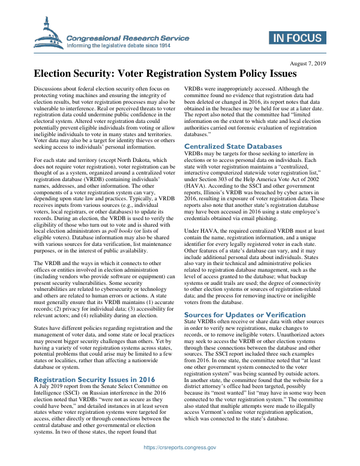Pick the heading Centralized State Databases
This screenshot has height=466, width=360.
[x=233, y=146]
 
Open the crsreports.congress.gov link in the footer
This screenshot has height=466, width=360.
[x=179, y=447]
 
